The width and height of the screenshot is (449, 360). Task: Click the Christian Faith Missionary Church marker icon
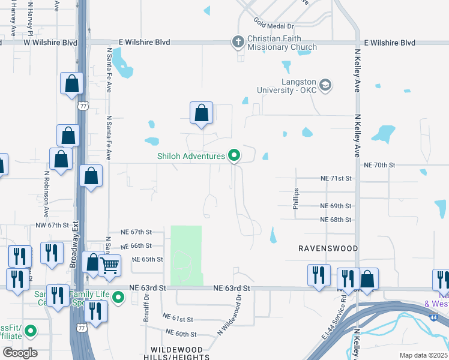pyautogui.click(x=238, y=42)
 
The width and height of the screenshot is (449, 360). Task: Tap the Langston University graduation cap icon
pyautogui.click(x=325, y=85)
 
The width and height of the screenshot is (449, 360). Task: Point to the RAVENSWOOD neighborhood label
pyautogui.click(x=328, y=248)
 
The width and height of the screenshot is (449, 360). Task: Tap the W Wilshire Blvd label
pyautogui.click(x=51, y=43)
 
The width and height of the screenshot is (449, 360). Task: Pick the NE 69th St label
pyautogui.click(x=336, y=206)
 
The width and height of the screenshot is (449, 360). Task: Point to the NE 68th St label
pyautogui.click(x=336, y=220)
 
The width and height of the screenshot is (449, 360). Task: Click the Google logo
pyautogui.click(x=20, y=353)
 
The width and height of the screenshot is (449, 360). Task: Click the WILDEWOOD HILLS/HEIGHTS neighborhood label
pyautogui.click(x=176, y=353)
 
